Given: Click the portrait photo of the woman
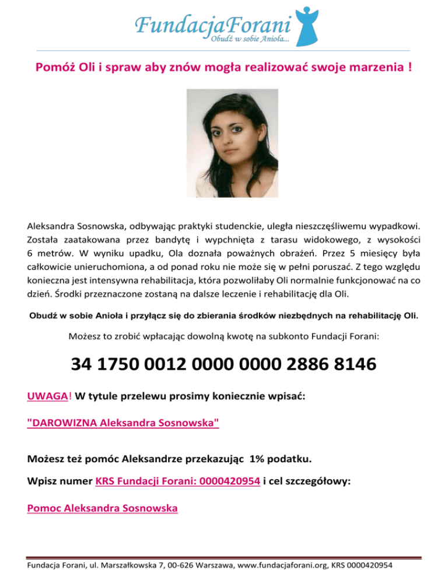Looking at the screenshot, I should pyautogui.click(x=223, y=142).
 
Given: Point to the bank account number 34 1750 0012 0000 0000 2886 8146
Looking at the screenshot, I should pyautogui.click(x=223, y=366).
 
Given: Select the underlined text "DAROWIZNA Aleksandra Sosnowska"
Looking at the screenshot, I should pyautogui.click(x=123, y=423).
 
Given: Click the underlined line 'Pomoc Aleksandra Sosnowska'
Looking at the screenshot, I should pyautogui.click(x=102, y=508).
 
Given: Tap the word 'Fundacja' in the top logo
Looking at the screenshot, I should pyautogui.click(x=170, y=25).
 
